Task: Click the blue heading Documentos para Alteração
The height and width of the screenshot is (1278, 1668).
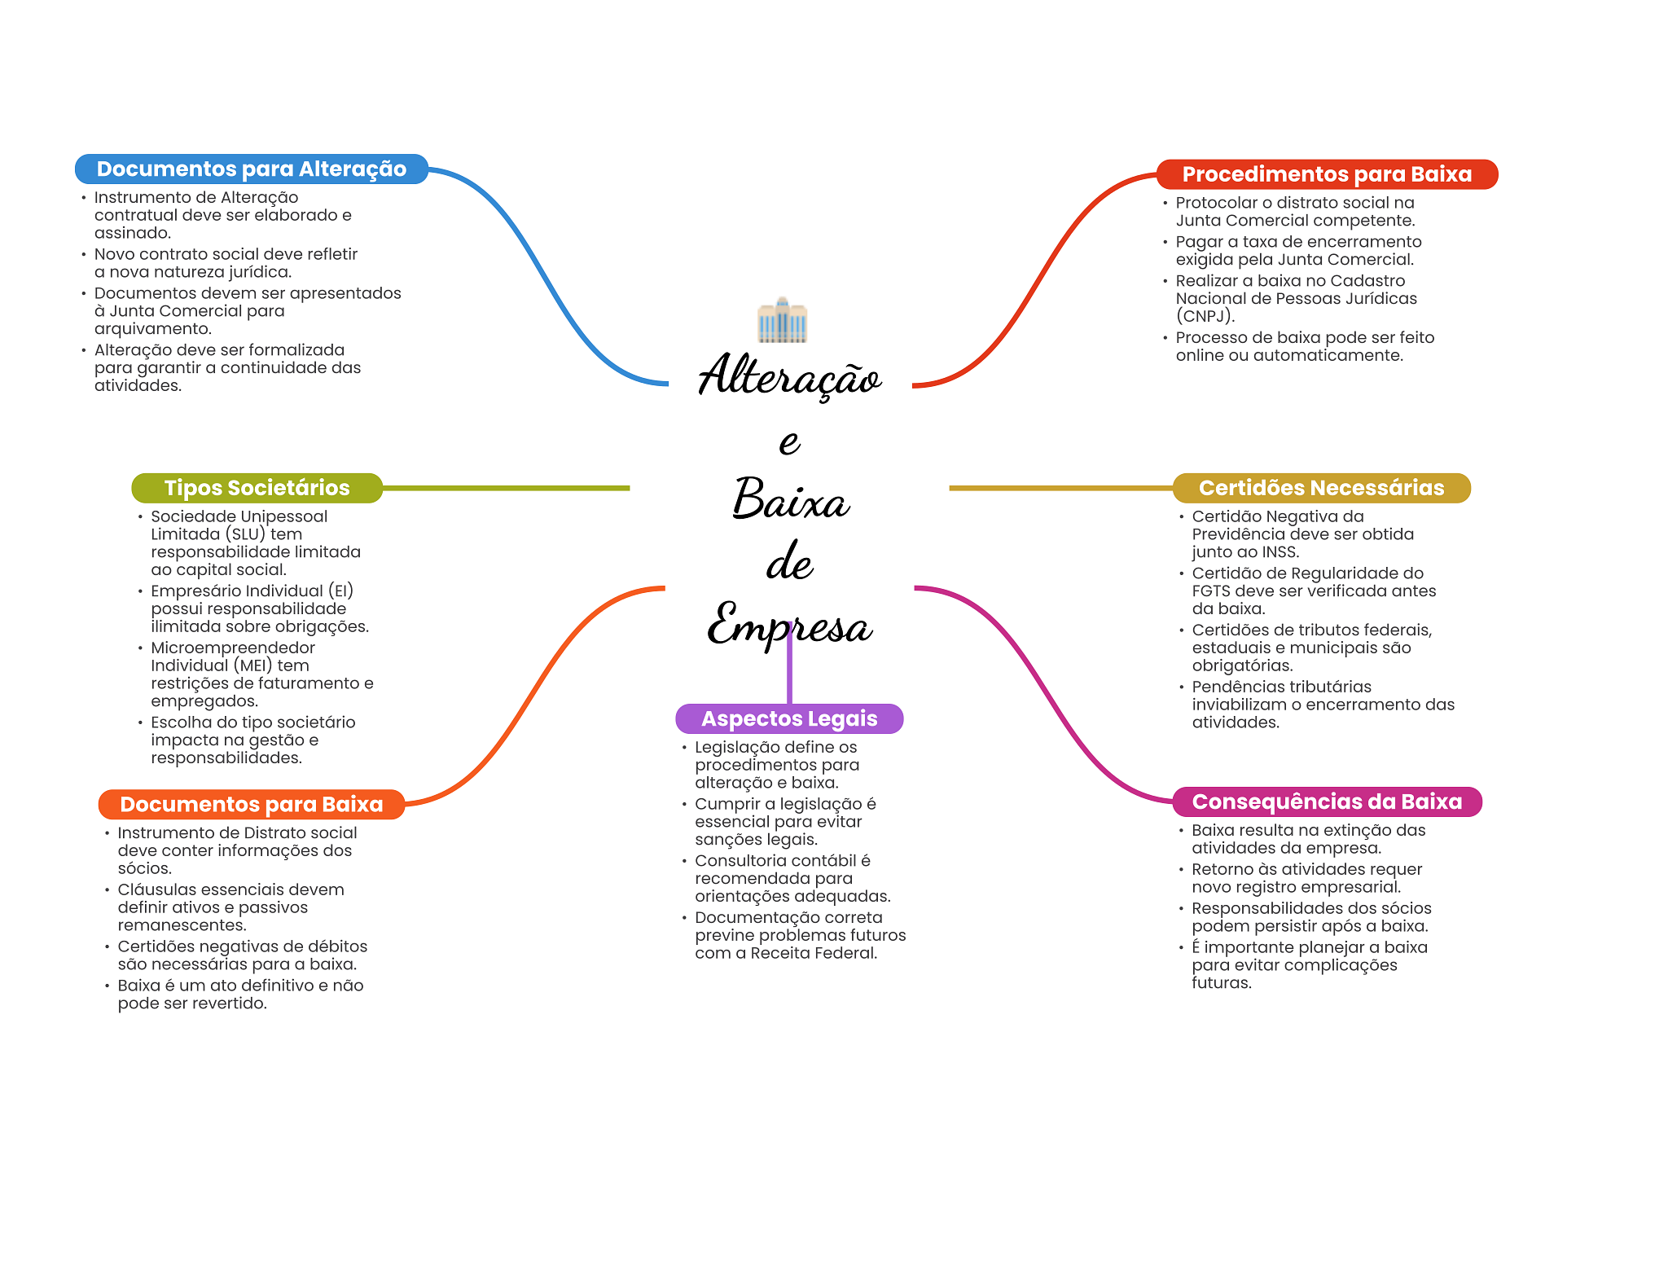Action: point(251,169)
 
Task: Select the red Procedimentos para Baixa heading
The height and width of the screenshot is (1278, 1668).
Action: point(1327,174)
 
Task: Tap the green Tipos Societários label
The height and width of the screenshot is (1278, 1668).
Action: point(257,488)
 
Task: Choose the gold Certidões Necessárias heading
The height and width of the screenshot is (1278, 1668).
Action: point(1321,488)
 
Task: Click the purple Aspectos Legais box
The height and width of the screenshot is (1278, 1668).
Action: point(789,718)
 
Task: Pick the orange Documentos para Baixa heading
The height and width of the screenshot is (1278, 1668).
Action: point(251,804)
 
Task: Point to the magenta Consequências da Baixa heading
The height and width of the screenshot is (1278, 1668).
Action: point(1327,801)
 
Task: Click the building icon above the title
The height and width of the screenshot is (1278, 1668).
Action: point(782,320)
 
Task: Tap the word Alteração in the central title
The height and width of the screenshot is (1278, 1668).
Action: point(789,377)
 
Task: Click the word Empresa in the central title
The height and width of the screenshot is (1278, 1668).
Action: point(789,626)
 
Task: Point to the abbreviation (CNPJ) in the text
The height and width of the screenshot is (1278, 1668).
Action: point(1205,316)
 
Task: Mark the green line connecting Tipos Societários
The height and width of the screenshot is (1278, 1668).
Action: point(505,488)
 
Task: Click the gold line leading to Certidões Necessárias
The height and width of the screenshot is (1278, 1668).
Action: point(1059,488)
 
